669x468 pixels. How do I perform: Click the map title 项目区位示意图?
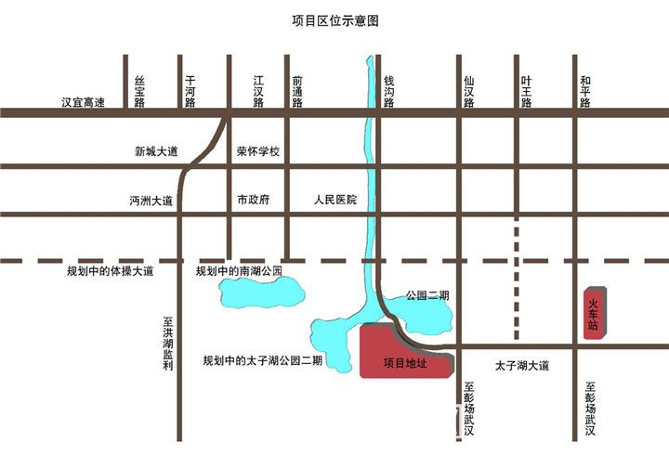(x=335, y=19)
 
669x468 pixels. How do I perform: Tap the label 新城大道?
(x=155, y=151)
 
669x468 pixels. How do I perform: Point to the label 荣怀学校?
(x=258, y=151)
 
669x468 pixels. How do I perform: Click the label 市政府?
(x=253, y=200)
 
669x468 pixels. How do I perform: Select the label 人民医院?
(x=335, y=200)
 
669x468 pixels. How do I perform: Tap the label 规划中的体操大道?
(x=110, y=272)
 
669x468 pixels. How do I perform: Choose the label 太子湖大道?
(x=522, y=365)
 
